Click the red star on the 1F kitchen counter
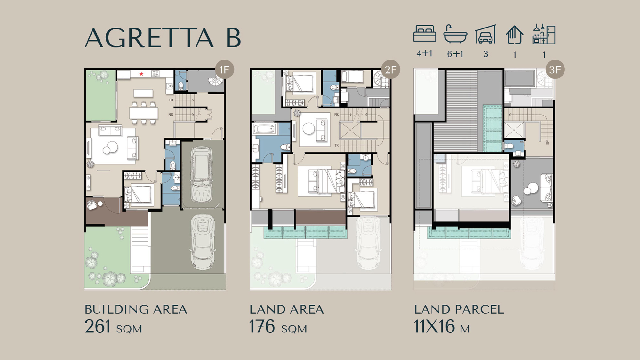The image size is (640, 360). [x=141, y=74]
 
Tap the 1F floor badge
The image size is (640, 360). [x=224, y=69]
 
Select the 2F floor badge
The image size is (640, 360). [x=390, y=69]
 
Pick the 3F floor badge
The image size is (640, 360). [x=555, y=69]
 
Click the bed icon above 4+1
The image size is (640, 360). [x=425, y=34]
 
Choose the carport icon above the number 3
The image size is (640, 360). [x=485, y=34]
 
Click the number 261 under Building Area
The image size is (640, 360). [x=98, y=326]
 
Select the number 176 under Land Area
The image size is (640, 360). [x=262, y=326]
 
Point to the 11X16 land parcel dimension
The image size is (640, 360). [x=434, y=326]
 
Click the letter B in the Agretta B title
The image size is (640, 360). [x=233, y=38]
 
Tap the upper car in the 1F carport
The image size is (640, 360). [x=202, y=174]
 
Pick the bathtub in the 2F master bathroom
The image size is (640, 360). [x=264, y=130]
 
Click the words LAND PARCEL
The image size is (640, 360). [x=459, y=309]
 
